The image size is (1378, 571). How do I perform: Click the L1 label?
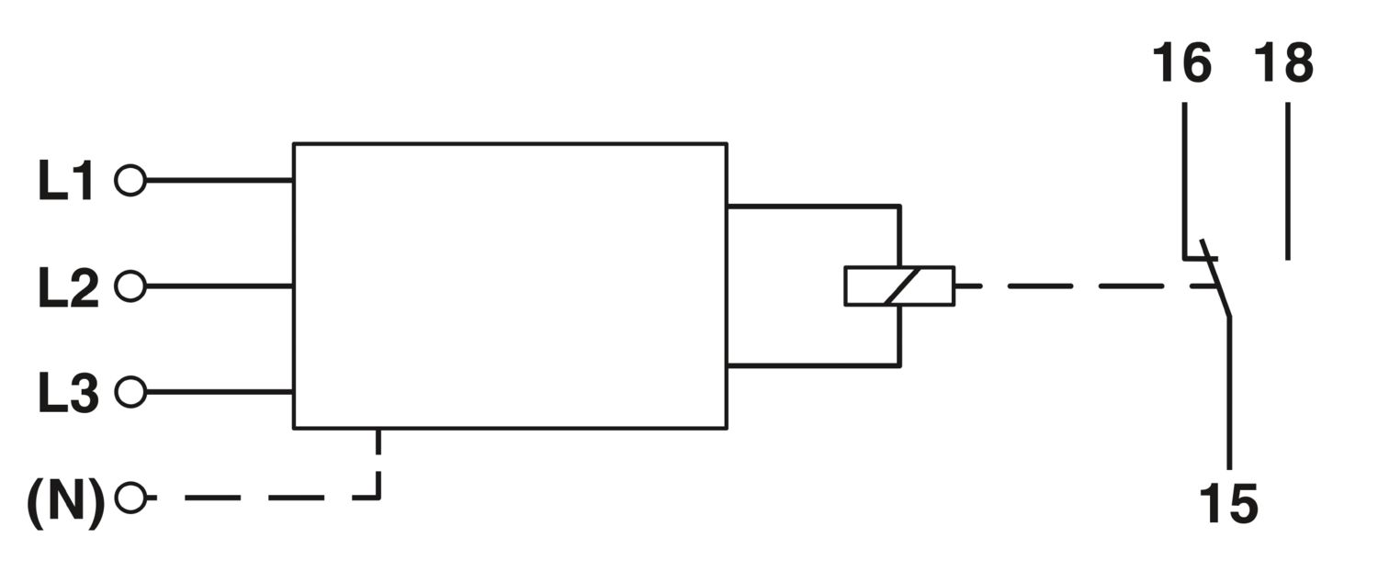[66, 181]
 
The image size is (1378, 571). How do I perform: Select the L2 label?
[68, 287]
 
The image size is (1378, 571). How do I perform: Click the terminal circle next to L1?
[130, 181]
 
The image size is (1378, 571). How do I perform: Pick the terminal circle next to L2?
[130, 286]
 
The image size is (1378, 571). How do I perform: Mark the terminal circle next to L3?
[130, 392]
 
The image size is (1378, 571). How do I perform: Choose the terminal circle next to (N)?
[130, 498]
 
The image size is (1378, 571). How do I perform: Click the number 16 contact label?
[1181, 62]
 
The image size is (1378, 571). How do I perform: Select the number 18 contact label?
[1284, 62]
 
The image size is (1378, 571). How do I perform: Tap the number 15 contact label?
[1228, 504]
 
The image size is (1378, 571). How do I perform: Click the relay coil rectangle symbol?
[899, 285]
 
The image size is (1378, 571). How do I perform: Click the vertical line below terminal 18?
[1288, 182]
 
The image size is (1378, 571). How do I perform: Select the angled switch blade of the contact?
[1215, 278]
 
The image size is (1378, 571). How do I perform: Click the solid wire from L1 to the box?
[219, 181]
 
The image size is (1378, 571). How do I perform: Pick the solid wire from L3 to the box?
[219, 392]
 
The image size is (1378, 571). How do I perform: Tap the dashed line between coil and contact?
[1084, 286]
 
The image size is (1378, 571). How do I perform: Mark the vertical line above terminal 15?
[1230, 394]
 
